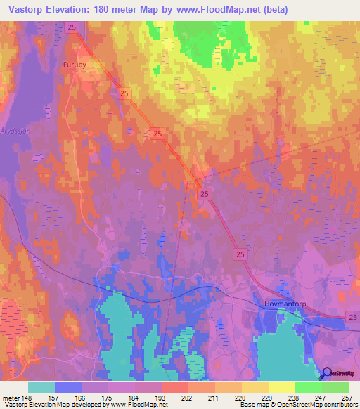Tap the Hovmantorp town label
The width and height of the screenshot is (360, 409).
283,304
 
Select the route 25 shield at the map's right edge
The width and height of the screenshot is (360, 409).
352,319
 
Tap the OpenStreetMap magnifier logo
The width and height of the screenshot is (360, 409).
327,373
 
